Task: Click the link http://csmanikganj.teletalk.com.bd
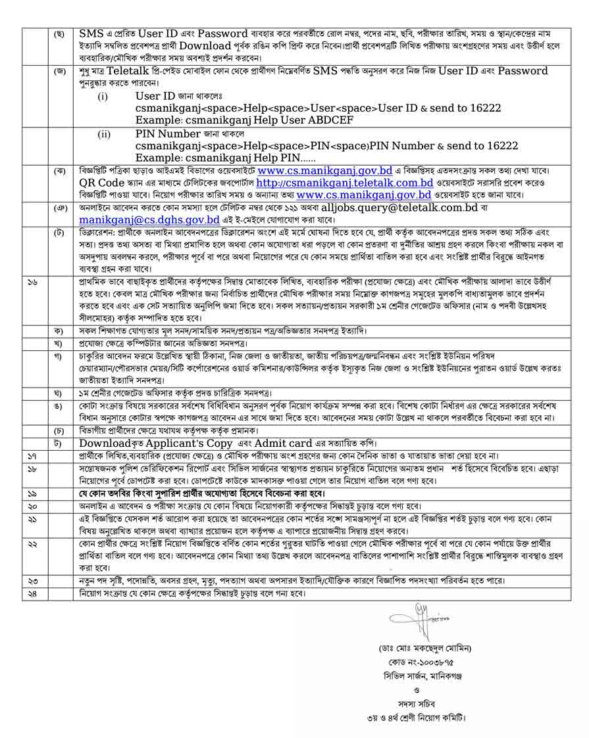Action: pyautogui.click(x=344, y=183)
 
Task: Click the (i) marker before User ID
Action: pyautogui.click(x=103, y=97)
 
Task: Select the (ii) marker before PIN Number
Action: pyautogui.click(x=104, y=134)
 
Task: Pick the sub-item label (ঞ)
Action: pyautogui.click(x=59, y=207)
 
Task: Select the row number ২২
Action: pyautogui.click(x=33, y=546)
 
